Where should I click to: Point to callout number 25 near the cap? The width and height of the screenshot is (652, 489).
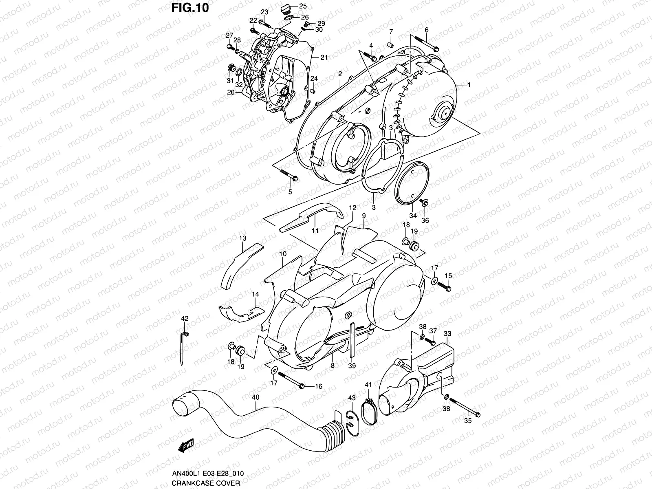(302, 6)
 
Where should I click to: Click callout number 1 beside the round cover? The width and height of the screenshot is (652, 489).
(469, 85)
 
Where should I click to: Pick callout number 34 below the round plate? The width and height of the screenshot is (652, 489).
(413, 216)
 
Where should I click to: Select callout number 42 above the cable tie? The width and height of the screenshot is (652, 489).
(185, 319)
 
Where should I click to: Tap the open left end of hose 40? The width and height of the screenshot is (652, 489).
(180, 407)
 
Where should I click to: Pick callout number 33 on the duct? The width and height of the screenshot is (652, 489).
(447, 334)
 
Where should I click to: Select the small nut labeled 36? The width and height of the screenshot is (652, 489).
(424, 202)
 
